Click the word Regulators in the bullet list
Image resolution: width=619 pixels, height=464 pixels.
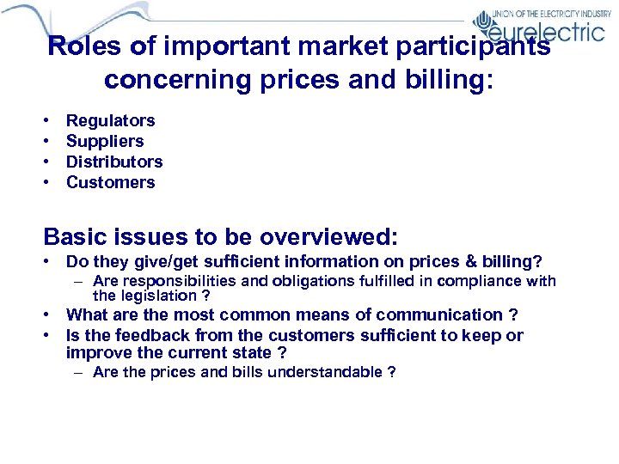pyautogui.click(x=110, y=121)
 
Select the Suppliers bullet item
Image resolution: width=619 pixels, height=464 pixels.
pyautogui.click(x=105, y=142)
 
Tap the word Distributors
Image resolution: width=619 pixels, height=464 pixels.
pyautogui.click(x=114, y=162)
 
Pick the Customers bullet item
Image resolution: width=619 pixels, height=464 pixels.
pyautogui.click(x=110, y=182)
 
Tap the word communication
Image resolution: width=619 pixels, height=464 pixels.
pyautogui.click(x=440, y=315)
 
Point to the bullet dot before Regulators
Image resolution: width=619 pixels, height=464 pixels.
pyautogui.click(x=48, y=121)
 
